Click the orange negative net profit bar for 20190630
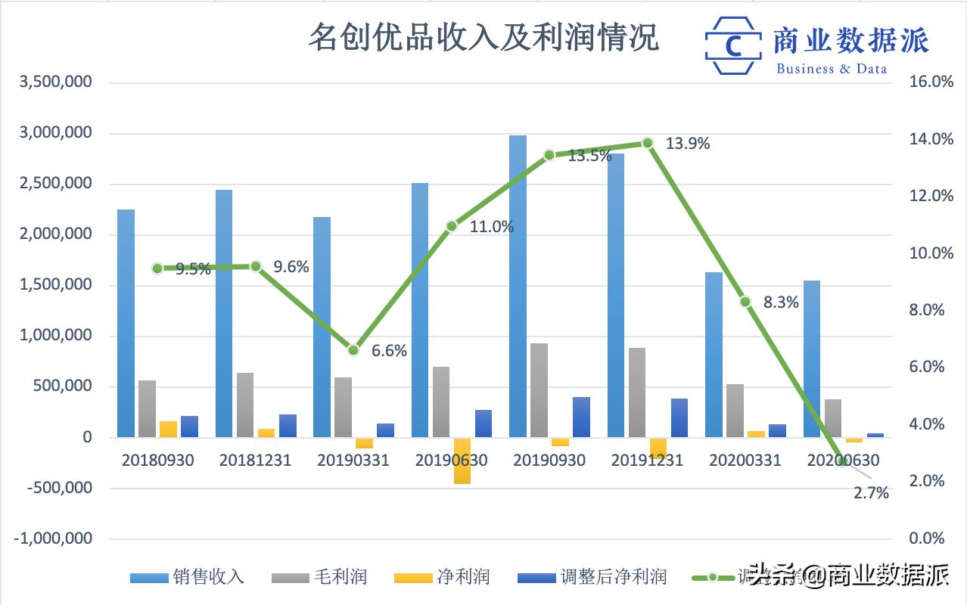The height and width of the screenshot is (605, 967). tap(462, 461)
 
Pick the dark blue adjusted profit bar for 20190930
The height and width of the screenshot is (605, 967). tap(581, 417)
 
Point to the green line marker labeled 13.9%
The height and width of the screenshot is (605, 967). tap(648, 143)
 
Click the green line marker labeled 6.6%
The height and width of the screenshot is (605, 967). tap(353, 350)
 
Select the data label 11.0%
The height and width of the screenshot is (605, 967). tap(492, 226)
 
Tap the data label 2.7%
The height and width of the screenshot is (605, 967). tap(870, 494)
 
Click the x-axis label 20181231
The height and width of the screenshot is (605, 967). tap(255, 460)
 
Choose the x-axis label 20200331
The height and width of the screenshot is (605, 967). tap(745, 460)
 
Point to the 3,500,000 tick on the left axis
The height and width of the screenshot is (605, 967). tap(57, 82)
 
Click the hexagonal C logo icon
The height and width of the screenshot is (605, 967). tap(732, 45)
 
